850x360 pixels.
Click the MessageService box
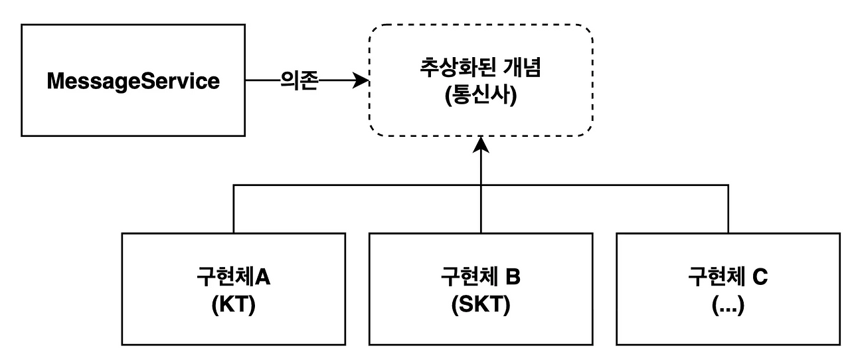pos(133,81)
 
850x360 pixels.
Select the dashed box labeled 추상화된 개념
pos(480,80)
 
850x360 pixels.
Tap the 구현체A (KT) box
pos(234,288)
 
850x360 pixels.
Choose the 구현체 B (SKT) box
pos(481,288)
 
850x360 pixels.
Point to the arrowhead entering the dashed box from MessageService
pos(361,82)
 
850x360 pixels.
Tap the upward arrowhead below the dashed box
pos(480,143)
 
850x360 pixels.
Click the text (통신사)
pos(480,95)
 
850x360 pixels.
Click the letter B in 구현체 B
pos(513,276)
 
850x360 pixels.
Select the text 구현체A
pos(234,276)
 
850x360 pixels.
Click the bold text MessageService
pos(133,81)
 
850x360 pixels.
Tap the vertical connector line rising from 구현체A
pos(234,209)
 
